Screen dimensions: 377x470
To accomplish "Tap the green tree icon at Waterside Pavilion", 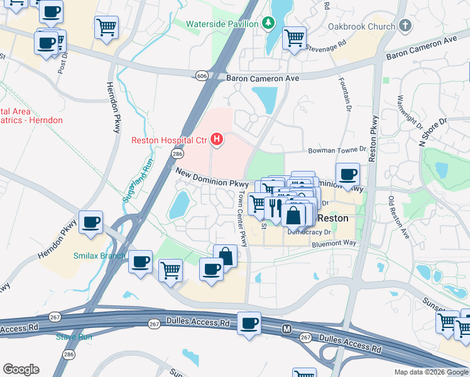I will (x=268, y=23).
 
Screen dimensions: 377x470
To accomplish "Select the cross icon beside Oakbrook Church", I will (x=405, y=26).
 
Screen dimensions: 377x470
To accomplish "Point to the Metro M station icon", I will (x=287, y=329).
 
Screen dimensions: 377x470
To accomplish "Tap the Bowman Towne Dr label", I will (x=336, y=151).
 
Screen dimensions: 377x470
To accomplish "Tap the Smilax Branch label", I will (x=99, y=256).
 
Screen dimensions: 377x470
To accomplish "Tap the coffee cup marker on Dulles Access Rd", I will (x=249, y=324).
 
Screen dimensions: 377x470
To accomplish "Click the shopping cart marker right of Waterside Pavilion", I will (x=294, y=38).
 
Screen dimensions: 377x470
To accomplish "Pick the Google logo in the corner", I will (x=21, y=369).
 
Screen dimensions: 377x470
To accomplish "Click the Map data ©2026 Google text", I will (x=430, y=372).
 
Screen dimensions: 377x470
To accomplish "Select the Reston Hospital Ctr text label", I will (x=169, y=140).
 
